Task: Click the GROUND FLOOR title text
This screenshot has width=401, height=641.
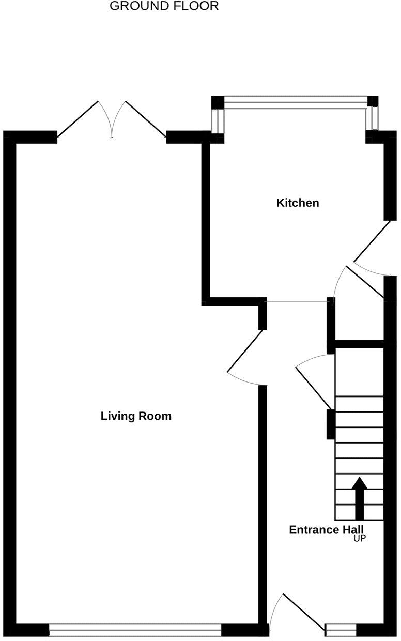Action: tap(164, 6)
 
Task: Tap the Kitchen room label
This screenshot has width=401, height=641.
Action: tap(298, 203)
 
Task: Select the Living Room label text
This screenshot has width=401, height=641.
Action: tap(136, 416)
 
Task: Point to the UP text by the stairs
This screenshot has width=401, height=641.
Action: tap(360, 539)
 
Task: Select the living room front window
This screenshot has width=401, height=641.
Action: tap(135, 630)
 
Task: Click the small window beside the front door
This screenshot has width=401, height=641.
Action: tap(341, 630)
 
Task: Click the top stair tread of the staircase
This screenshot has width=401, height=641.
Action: tap(360, 404)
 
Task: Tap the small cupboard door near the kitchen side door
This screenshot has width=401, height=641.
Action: tap(365, 282)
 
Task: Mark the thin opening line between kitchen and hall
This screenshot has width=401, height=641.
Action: tap(297, 301)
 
